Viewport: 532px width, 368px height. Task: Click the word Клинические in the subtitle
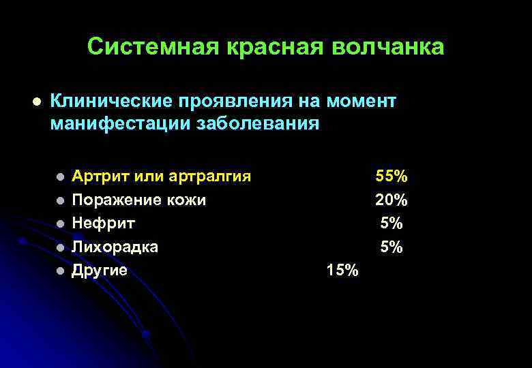click(114, 102)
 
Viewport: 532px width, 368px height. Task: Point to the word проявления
click(239, 102)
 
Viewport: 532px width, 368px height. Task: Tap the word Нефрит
click(104, 224)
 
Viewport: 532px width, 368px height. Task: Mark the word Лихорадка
click(115, 247)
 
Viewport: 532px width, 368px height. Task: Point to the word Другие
click(100, 271)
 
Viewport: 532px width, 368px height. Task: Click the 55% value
click(391, 177)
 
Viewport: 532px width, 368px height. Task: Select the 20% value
click(391, 200)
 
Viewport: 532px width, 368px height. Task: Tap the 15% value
click(342, 271)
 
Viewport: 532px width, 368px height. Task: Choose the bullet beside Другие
click(60, 271)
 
